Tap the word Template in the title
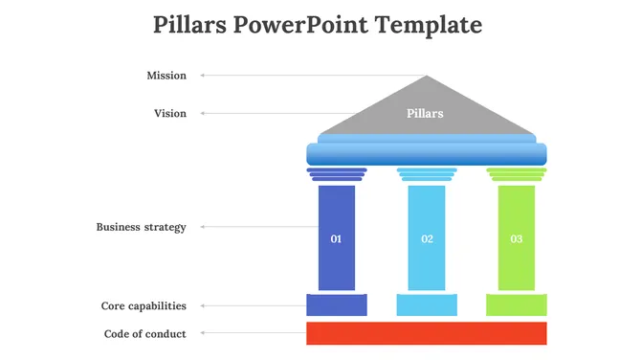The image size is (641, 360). pyautogui.click(x=430, y=24)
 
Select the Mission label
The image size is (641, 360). pyautogui.click(x=166, y=76)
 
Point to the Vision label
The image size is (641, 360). pyautogui.click(x=170, y=114)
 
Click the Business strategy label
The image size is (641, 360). pyautogui.click(x=141, y=228)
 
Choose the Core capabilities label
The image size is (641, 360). pyautogui.click(x=144, y=306)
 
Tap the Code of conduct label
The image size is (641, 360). pyautogui.click(x=144, y=334)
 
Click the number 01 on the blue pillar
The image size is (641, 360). pyautogui.click(x=336, y=238)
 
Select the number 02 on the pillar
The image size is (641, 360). pyautogui.click(x=427, y=238)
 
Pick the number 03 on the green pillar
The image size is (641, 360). pyautogui.click(x=517, y=238)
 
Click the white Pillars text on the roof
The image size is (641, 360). pyautogui.click(x=425, y=114)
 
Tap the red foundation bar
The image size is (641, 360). pyautogui.click(x=426, y=333)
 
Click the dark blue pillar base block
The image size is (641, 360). pyautogui.click(x=336, y=305)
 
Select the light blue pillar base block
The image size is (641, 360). pyautogui.click(x=427, y=305)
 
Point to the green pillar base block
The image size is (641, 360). pyautogui.click(x=517, y=305)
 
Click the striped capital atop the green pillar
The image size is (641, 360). pyautogui.click(x=517, y=174)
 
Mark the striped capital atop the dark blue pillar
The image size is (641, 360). pyautogui.click(x=336, y=174)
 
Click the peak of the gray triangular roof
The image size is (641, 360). pyautogui.click(x=427, y=79)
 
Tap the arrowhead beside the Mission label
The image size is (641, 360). pyautogui.click(x=202, y=76)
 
